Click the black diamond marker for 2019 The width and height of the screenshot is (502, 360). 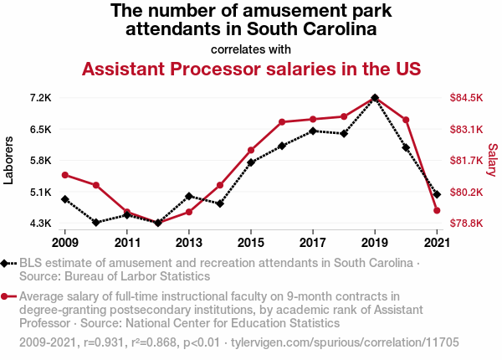[375, 98]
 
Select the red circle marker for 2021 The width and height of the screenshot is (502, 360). [437, 210]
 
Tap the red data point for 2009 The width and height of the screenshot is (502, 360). [65, 175]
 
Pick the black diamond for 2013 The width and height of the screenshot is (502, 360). [189, 196]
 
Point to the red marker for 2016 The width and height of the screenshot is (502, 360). [282, 122]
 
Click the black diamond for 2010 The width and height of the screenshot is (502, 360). [96, 223]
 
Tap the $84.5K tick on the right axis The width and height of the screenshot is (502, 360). [466, 98]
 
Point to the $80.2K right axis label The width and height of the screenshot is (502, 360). [466, 193]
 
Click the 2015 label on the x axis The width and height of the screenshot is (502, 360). [251, 243]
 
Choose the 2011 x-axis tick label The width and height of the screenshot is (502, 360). [127, 243]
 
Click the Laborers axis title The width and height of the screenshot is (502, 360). [9, 159]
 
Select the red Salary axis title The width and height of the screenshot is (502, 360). [492, 159]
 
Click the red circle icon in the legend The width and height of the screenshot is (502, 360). [6, 296]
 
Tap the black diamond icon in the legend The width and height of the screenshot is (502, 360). [6, 263]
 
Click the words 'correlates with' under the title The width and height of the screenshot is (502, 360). [251, 49]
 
